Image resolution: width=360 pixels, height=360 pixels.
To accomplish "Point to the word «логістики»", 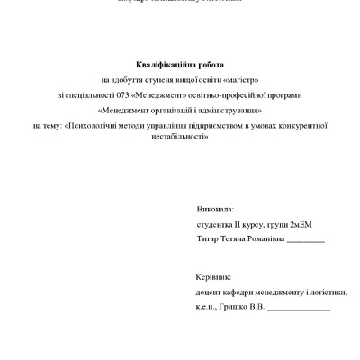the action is pyautogui.click(x=325, y=292).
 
